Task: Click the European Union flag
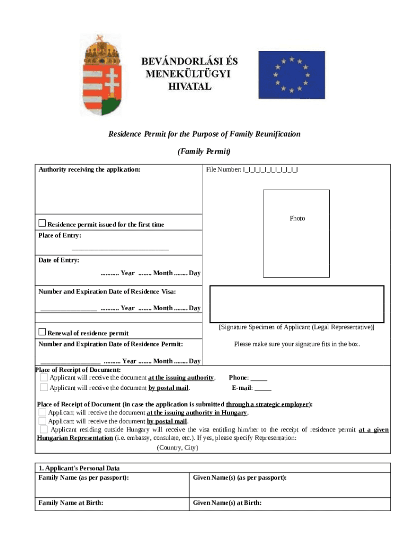click(291, 75)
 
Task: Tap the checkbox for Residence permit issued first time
click(42, 223)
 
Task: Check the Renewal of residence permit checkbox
click(42, 332)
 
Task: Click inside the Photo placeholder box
click(296, 233)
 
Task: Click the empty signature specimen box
click(297, 303)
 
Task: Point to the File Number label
click(224, 170)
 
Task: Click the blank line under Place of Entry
click(120, 248)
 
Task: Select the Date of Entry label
click(58, 260)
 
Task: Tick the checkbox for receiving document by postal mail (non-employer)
click(44, 387)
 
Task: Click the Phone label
click(238, 378)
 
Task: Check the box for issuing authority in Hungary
click(42, 412)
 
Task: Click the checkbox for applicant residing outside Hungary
click(44, 429)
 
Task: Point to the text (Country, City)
click(177, 448)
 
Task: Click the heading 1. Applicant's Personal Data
click(79, 469)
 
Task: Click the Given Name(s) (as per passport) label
click(240, 478)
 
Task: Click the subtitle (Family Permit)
click(203, 152)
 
